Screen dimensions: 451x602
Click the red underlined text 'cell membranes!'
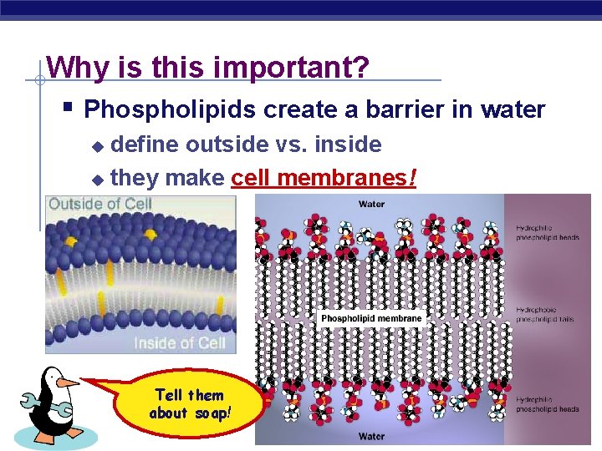click(x=324, y=178)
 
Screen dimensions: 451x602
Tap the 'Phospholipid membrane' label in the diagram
click(x=372, y=319)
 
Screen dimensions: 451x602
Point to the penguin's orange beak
click(x=68, y=383)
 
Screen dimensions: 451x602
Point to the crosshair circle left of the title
click(x=39, y=81)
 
